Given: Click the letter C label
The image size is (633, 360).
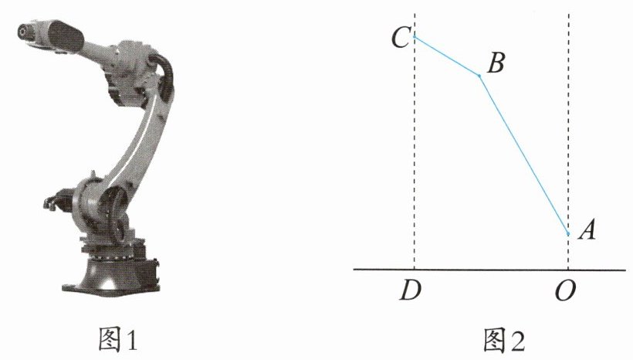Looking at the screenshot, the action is pyautogui.click(x=401, y=38).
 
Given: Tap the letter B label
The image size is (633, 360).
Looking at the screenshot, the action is pyautogui.click(x=496, y=63).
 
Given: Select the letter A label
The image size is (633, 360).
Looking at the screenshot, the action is pyautogui.click(x=587, y=231).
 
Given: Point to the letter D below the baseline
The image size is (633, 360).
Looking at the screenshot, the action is pyautogui.click(x=411, y=290).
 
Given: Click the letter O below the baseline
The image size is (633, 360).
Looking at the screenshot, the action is pyautogui.click(x=565, y=291).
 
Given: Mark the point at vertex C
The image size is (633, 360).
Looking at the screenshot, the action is pyautogui.click(x=415, y=37).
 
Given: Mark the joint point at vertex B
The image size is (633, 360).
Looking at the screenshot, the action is pyautogui.click(x=479, y=76).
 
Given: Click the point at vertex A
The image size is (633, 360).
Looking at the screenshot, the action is pyautogui.click(x=568, y=233).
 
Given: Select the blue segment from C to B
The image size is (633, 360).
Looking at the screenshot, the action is pyautogui.click(x=447, y=56).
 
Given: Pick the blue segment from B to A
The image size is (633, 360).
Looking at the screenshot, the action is pyautogui.click(x=523, y=155).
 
